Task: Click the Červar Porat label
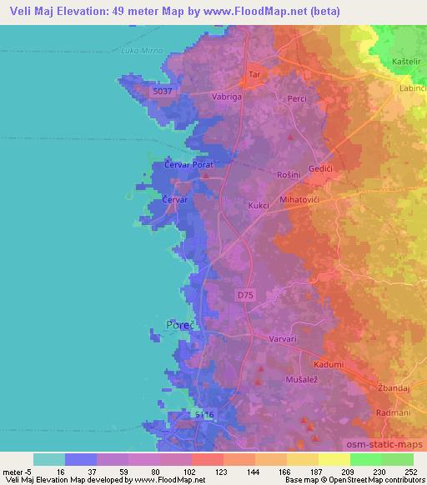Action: [x=189, y=166]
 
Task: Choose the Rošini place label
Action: [x=289, y=174]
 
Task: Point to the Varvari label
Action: [x=282, y=339]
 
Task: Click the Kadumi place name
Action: [x=329, y=364]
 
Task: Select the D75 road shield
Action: [x=244, y=295]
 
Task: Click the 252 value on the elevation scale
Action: [x=411, y=472]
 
